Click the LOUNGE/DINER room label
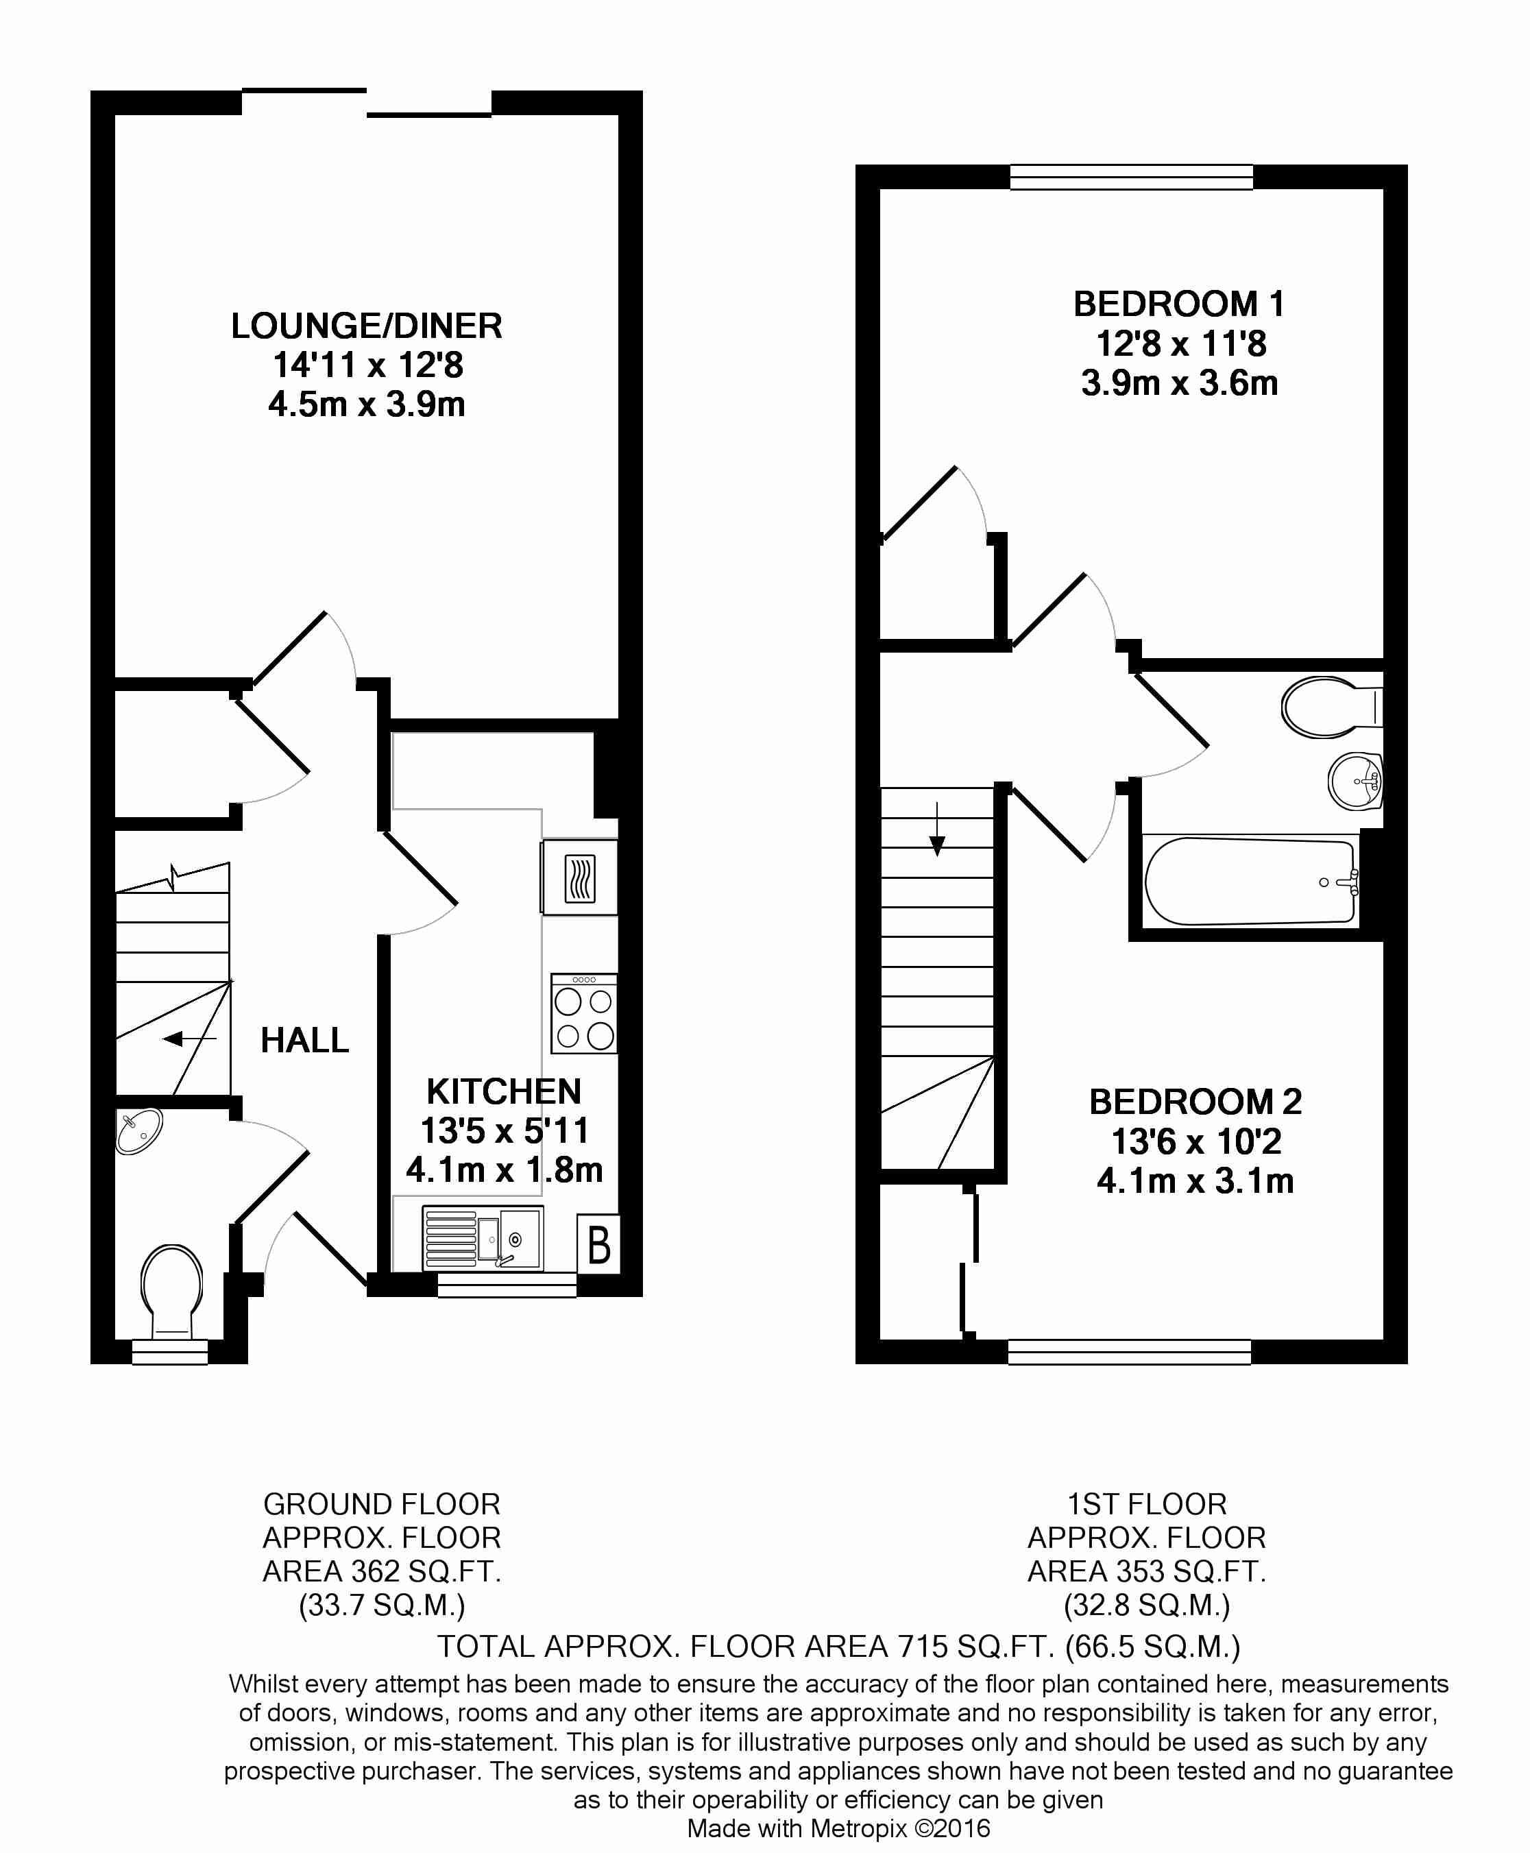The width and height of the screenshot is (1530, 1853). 367,326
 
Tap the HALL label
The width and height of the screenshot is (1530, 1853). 305,1040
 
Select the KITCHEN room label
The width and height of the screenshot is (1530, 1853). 504,1091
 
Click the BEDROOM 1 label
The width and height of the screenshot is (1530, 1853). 1179,304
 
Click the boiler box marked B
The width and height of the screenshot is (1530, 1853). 599,1244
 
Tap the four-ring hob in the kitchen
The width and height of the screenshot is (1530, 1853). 583,1013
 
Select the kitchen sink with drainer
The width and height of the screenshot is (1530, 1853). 483,1237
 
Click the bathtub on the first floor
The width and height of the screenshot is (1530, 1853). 1252,881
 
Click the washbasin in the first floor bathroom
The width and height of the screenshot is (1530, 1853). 1355,781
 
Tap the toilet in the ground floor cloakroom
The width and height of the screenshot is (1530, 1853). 172,1292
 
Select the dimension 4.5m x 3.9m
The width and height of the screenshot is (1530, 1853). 367,404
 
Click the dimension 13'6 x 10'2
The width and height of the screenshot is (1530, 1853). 1196,1141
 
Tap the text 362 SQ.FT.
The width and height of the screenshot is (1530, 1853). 426,1571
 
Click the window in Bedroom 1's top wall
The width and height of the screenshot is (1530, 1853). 1132,177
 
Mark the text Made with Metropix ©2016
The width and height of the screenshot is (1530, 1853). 838,1828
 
